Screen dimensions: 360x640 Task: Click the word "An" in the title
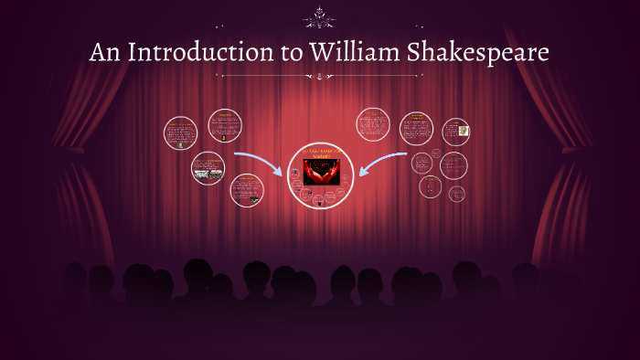click(x=105, y=53)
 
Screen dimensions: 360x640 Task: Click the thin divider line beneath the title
click(x=319, y=76)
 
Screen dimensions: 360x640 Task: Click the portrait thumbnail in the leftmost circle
click(x=181, y=143)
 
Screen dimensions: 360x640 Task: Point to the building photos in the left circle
click(x=208, y=171)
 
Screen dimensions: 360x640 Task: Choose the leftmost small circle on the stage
click(x=180, y=133)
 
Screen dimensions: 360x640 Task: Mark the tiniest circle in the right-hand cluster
click(x=456, y=193)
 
